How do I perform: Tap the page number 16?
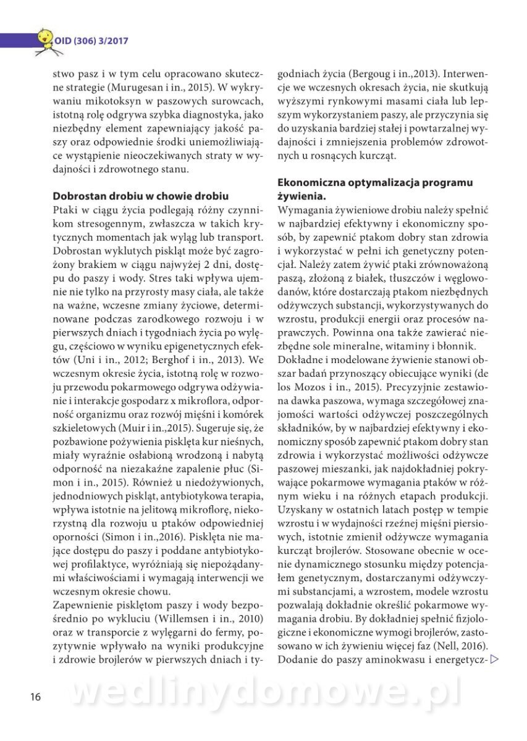click(x=35, y=697)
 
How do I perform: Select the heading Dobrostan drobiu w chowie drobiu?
click(x=140, y=196)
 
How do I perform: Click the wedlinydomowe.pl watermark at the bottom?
click(x=266, y=693)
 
